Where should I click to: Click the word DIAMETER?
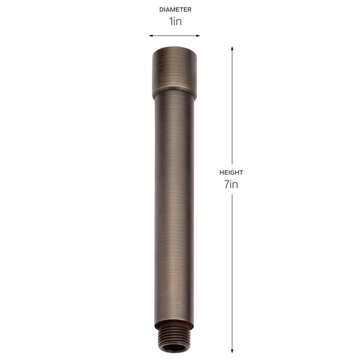[175, 9]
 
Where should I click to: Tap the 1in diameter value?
[175, 22]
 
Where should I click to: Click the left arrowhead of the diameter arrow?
[151, 35]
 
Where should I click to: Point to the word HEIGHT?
[231, 172]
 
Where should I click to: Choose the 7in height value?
[231, 185]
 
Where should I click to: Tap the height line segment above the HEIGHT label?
[232, 108]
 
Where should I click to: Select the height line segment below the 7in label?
[232, 267]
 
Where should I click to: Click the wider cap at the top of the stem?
[174, 72]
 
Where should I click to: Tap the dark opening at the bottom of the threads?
[174, 348]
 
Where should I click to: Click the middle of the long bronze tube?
[174, 206]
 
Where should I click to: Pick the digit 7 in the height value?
[226, 185]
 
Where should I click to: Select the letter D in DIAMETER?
[160, 9]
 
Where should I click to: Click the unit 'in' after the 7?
[234, 185]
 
